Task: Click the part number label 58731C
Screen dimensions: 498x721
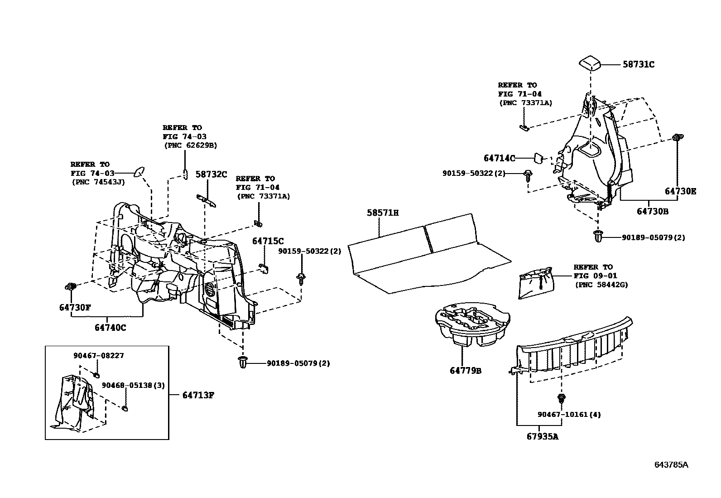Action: [638, 65]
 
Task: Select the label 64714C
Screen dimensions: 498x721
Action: [499, 158]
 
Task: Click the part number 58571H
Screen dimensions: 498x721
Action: [383, 213]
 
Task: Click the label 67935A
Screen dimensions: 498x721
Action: [542, 436]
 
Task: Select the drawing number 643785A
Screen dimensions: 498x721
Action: [671, 465]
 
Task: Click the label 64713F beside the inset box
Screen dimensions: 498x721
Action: [198, 395]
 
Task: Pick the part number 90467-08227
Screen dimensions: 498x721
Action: [98, 356]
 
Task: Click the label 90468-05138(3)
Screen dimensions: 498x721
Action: [133, 385]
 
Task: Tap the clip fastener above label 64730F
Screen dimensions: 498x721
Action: [70, 286]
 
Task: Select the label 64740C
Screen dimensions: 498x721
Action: [111, 327]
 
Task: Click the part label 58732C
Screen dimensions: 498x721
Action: [211, 174]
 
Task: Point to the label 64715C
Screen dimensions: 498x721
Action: [268, 241]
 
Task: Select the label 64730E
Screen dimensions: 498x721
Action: [680, 191]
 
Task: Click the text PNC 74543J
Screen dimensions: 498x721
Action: [98, 182]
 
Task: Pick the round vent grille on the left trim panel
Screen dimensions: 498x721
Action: [211, 290]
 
